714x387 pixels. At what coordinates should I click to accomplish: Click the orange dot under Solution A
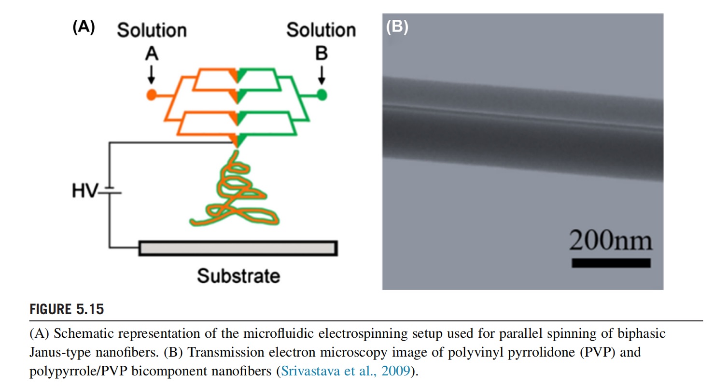pyautogui.click(x=152, y=95)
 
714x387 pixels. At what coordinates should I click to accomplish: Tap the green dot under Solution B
pyautogui.click(x=322, y=95)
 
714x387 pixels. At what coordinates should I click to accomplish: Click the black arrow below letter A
pyautogui.click(x=152, y=73)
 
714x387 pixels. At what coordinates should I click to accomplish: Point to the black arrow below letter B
pyautogui.click(x=322, y=73)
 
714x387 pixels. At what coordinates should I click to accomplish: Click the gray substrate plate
pyautogui.click(x=238, y=248)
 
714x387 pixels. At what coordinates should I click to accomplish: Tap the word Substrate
pyautogui.click(x=238, y=276)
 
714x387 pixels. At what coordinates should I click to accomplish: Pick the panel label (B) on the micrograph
pyautogui.click(x=397, y=28)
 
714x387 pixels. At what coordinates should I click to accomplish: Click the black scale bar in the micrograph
pyautogui.click(x=611, y=263)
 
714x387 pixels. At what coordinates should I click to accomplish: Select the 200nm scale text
pyautogui.click(x=610, y=240)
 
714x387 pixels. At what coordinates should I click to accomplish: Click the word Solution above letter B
pyautogui.click(x=321, y=30)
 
